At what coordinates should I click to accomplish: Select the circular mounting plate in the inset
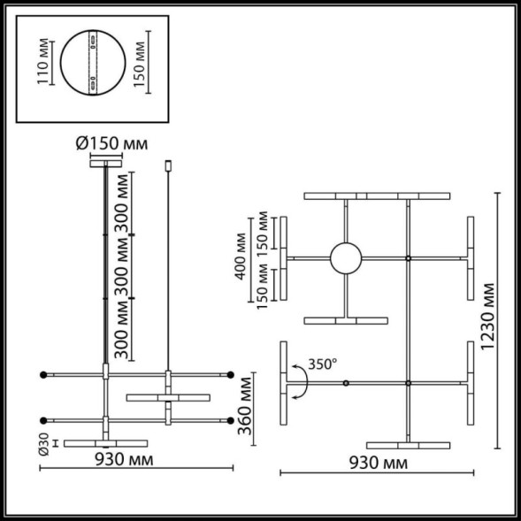[93, 65]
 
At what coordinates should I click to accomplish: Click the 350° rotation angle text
[323, 364]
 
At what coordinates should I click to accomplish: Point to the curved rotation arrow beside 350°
[299, 382]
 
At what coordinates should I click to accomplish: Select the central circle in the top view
[345, 258]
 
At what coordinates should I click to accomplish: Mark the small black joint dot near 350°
[345, 382]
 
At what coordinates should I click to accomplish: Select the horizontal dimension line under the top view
[379, 474]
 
